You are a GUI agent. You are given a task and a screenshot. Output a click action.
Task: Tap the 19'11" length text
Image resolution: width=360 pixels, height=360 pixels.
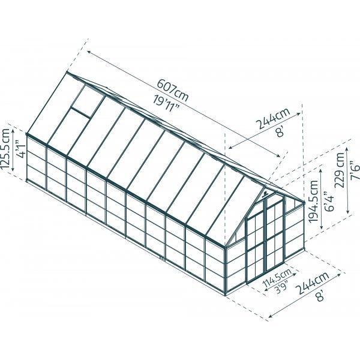click(x=169, y=104)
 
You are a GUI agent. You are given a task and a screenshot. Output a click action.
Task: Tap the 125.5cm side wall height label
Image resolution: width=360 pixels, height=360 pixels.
click(x=7, y=149)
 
